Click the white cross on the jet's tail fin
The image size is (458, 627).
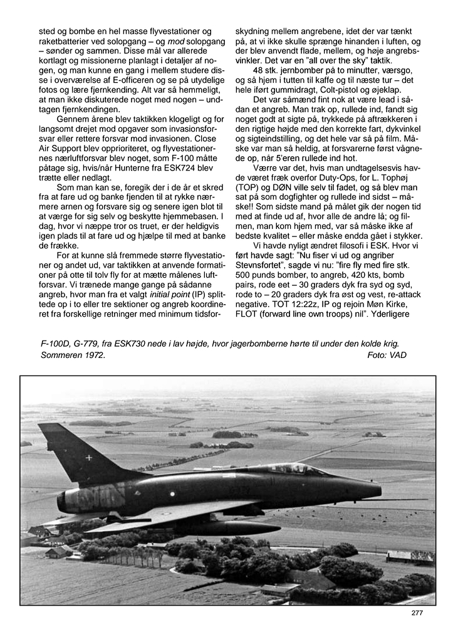(88, 457)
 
